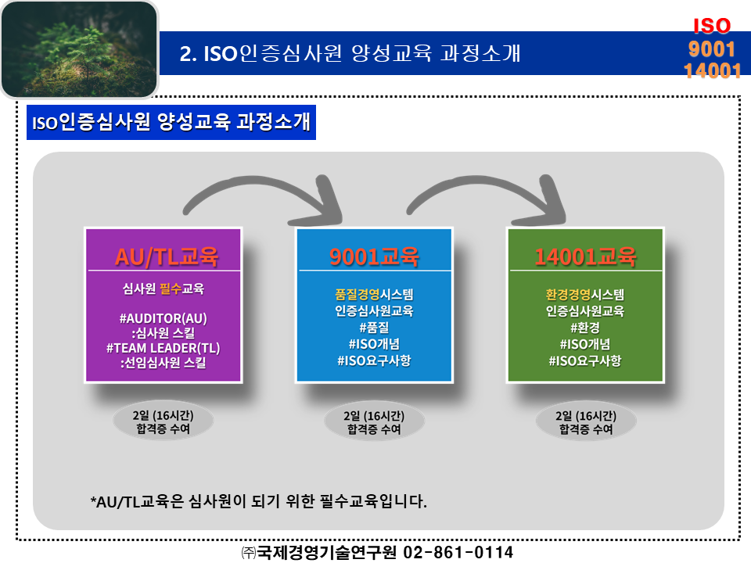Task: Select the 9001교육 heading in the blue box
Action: coord(374,256)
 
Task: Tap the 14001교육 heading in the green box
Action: coord(585,256)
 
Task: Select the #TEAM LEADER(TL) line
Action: coord(163,347)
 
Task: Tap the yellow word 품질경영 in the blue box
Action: coord(357,295)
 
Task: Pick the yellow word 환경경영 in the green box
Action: coord(568,295)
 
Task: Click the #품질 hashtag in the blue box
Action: coord(374,328)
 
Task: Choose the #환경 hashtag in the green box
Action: coord(585,328)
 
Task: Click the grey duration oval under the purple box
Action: coord(163,422)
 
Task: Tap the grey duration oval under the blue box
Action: coord(374,422)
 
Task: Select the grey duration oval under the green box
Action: coord(585,422)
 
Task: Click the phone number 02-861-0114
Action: coord(458,553)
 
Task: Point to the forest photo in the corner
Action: coord(78,48)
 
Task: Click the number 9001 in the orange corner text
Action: coord(711,48)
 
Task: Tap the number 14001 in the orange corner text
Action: coord(712,70)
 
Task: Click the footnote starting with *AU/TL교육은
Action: coord(259,501)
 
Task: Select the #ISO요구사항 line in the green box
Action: coord(585,360)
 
